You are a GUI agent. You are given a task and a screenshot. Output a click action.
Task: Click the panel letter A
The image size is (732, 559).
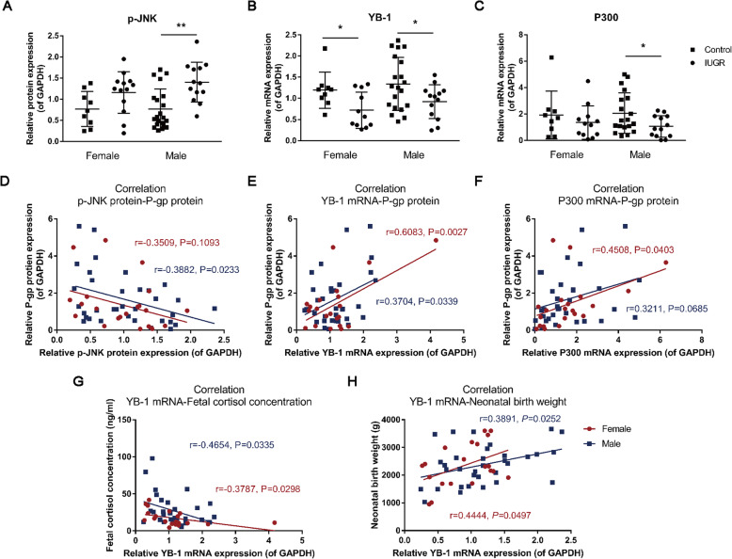coord(8,8)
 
